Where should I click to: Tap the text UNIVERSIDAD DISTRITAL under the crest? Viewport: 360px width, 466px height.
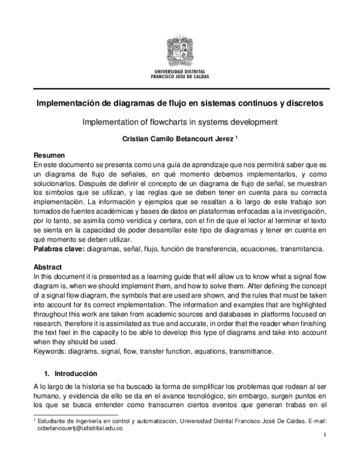coord(179,71)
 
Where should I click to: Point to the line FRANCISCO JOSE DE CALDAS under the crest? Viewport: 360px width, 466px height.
coord(179,77)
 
